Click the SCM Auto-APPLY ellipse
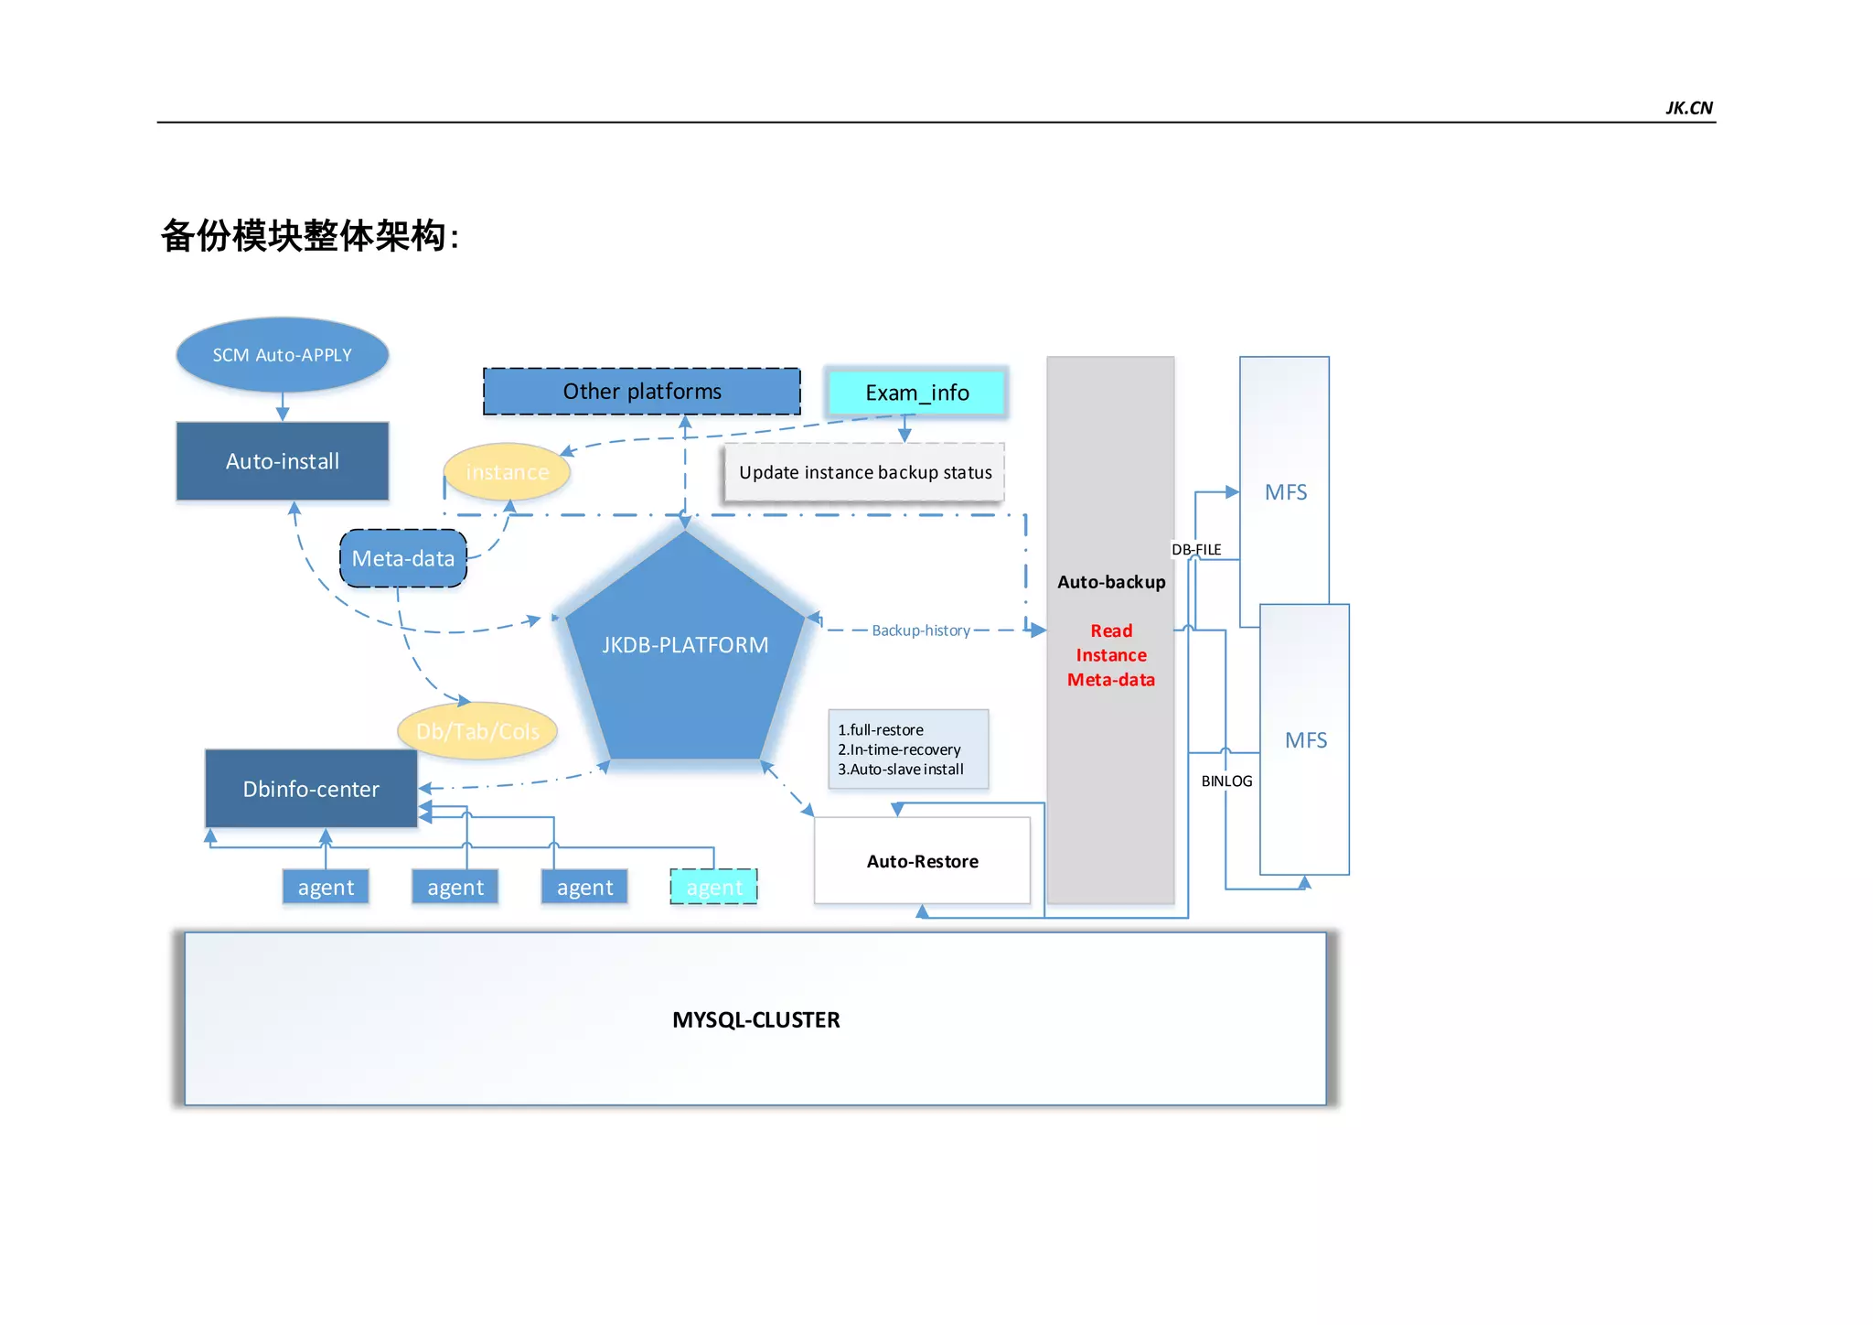(x=282, y=355)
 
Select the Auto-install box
(x=282, y=461)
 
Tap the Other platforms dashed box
(x=641, y=392)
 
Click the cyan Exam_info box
(x=916, y=393)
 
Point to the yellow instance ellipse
(x=507, y=472)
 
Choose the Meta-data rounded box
(x=402, y=558)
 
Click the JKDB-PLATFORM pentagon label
(x=685, y=645)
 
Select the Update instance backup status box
(x=864, y=472)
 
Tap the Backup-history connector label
(x=920, y=630)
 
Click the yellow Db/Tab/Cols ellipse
(x=477, y=731)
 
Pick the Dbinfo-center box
(x=311, y=789)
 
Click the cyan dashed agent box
(x=714, y=887)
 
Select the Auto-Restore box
(x=922, y=861)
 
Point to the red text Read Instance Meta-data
(x=1110, y=655)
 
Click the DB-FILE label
(x=1196, y=549)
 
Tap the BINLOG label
(x=1226, y=781)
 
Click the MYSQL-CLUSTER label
(x=755, y=1019)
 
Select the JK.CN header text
(x=1688, y=108)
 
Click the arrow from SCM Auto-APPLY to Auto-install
(x=283, y=406)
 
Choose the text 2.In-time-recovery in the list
(x=899, y=749)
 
